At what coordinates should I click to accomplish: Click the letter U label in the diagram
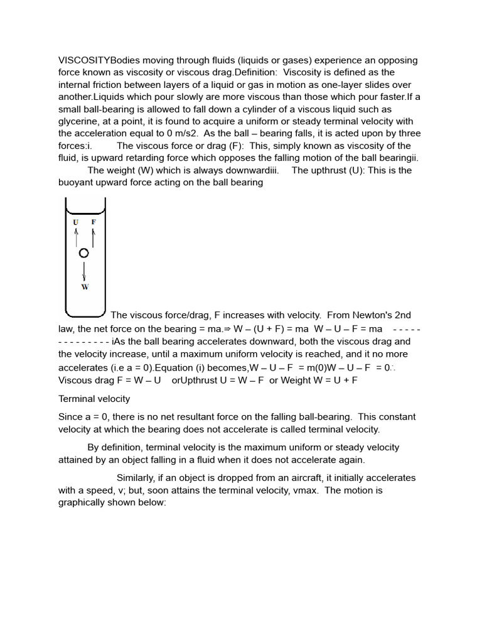(76, 222)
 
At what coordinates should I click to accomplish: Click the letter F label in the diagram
(94, 222)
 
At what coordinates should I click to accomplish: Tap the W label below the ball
(85, 286)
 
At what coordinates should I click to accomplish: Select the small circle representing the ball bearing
(84, 253)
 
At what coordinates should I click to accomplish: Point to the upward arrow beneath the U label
(76, 237)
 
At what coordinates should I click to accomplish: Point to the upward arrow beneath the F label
(94, 237)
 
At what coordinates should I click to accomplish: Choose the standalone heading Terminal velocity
(94, 399)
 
